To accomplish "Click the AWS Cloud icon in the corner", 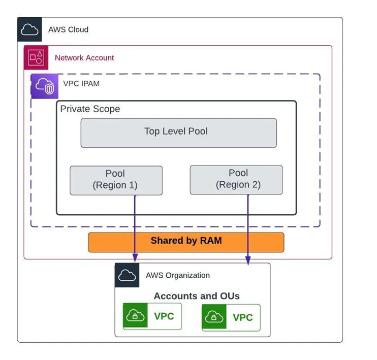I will [x=29, y=29].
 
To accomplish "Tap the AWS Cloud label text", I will [x=68, y=29].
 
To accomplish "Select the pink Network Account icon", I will [x=36, y=57].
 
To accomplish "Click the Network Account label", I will [x=84, y=58].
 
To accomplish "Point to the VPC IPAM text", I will [x=81, y=83].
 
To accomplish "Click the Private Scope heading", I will [x=90, y=109].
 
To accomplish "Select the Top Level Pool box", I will [x=178, y=133].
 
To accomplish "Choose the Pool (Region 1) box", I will [x=115, y=180].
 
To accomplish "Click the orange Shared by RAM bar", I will [x=186, y=242].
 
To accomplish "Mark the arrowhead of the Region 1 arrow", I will [x=135, y=259].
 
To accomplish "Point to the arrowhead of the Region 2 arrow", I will [x=248, y=261].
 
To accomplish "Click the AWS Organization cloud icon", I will [x=127, y=275].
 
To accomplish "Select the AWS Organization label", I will [x=177, y=275].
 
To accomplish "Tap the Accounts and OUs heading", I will [x=197, y=296].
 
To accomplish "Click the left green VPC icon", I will [x=135, y=316].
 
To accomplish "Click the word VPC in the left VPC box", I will [x=164, y=316].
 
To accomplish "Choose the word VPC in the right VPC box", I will [x=243, y=318].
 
